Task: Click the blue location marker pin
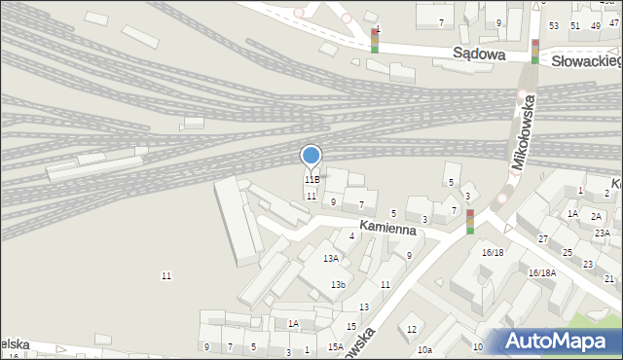click(311, 157)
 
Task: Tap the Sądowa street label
click(479, 54)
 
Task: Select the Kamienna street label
click(387, 228)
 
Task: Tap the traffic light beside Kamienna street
click(470, 221)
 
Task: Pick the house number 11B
click(311, 180)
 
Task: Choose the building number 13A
click(331, 258)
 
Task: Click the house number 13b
click(338, 284)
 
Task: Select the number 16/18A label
click(541, 272)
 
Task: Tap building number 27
click(543, 238)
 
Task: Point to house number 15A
click(335, 347)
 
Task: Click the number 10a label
click(424, 350)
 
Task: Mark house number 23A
click(603, 233)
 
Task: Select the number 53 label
click(554, 25)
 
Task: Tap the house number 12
click(412, 329)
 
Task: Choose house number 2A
click(596, 216)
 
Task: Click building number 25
click(567, 253)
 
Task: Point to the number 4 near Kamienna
click(351, 235)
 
